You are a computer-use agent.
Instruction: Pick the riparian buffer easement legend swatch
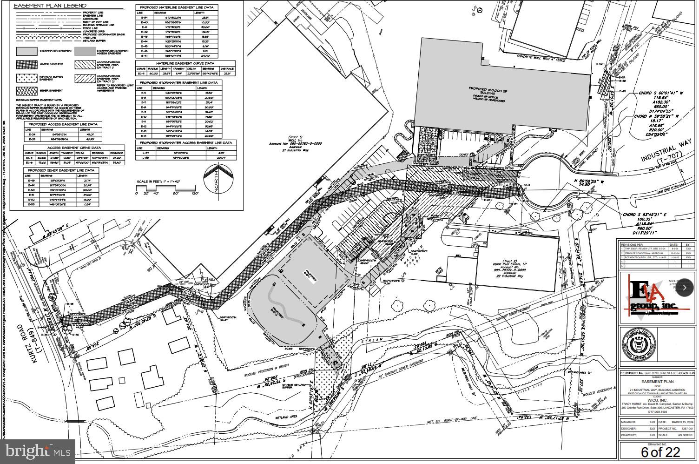tap(26, 78)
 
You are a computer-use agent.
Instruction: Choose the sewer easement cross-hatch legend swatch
tap(26, 91)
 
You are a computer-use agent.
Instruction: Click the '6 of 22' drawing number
tap(660, 451)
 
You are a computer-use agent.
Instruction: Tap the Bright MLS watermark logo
tap(38, 451)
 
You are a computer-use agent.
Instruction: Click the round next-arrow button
tap(684, 288)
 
